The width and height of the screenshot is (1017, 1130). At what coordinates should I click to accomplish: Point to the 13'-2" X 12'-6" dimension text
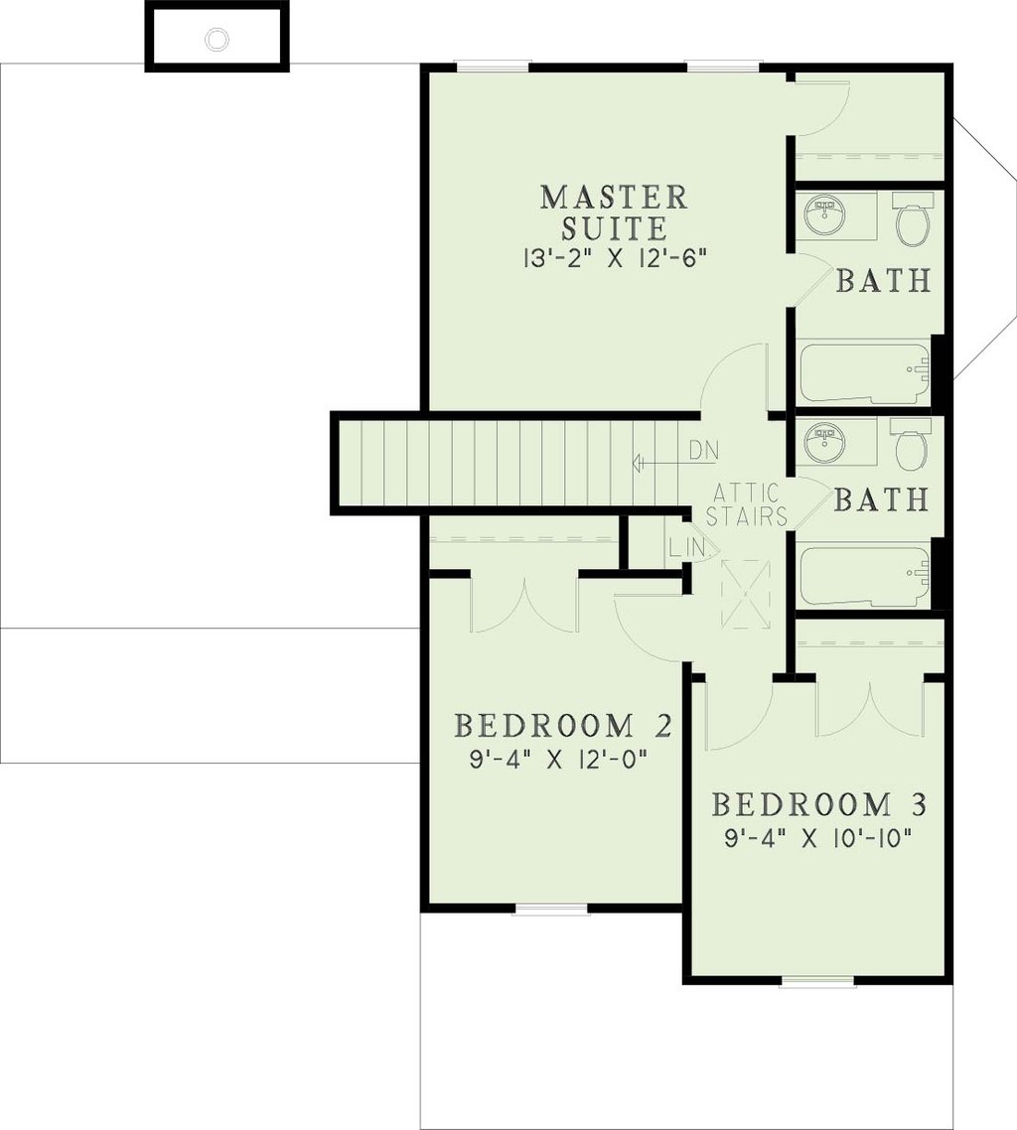614,258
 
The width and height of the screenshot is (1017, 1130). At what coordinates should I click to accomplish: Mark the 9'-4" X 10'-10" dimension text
816,837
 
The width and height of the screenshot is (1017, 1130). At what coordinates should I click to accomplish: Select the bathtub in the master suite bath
864,372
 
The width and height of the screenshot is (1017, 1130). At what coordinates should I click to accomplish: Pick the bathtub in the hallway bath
864,576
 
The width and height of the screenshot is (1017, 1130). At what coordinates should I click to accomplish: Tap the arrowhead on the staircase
638,463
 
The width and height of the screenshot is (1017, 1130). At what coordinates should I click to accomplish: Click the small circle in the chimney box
217,39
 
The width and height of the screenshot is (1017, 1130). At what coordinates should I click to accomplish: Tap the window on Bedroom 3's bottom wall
816,982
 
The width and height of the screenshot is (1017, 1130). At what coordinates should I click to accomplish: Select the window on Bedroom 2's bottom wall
549,908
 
